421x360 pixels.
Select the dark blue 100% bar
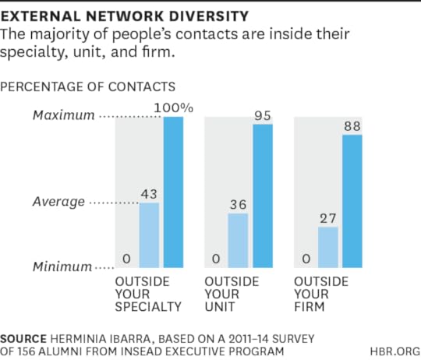click(173, 192)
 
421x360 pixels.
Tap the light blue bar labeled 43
click(149, 235)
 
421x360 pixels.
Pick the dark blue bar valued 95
click(263, 196)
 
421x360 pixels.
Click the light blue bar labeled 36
click(238, 240)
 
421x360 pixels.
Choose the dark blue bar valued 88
click(352, 201)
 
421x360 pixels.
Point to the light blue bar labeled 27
click(327, 247)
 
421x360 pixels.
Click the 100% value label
click(175, 108)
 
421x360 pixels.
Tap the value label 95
click(263, 115)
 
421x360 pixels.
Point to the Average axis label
click(58, 202)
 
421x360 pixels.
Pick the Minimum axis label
click(62, 267)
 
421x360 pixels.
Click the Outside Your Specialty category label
click(148, 293)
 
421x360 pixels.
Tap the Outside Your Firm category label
click(320, 293)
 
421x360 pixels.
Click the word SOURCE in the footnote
click(26, 340)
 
